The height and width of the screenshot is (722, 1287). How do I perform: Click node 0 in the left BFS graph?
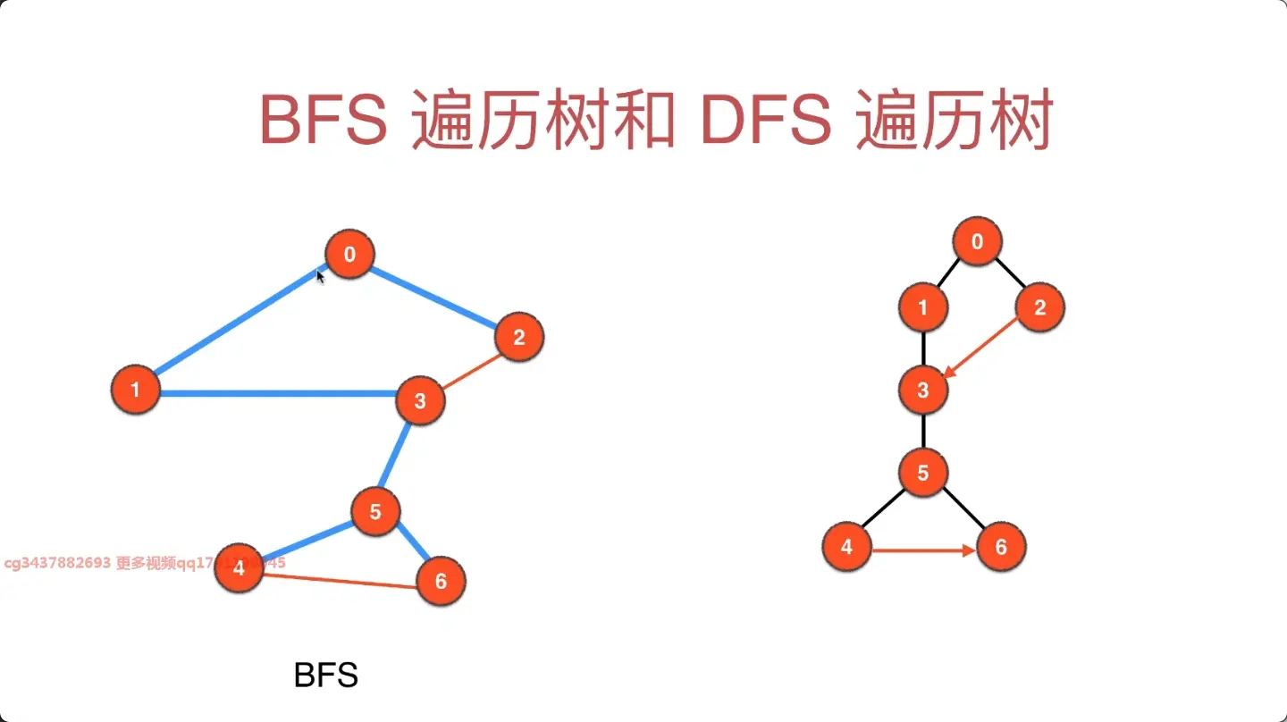tap(349, 255)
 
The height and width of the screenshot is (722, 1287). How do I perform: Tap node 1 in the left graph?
tap(135, 390)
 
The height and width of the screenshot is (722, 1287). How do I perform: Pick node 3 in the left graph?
tap(419, 401)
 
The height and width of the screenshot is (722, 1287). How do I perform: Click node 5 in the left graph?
tap(375, 512)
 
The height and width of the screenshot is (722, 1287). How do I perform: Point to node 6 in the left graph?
tap(441, 582)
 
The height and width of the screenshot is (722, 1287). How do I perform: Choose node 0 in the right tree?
tap(977, 241)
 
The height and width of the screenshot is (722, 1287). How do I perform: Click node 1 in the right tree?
tap(923, 308)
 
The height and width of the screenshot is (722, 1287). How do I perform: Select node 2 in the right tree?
tap(1039, 308)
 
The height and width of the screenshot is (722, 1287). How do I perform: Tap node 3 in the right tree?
tap(923, 390)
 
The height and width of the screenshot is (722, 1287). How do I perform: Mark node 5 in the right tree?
tap(923, 473)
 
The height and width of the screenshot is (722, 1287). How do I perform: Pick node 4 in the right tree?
tap(846, 547)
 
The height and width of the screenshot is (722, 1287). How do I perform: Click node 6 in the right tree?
tap(1001, 547)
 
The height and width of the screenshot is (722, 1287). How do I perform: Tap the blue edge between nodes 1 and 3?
tap(277, 392)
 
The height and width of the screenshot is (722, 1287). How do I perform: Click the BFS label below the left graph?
tap(326, 676)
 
